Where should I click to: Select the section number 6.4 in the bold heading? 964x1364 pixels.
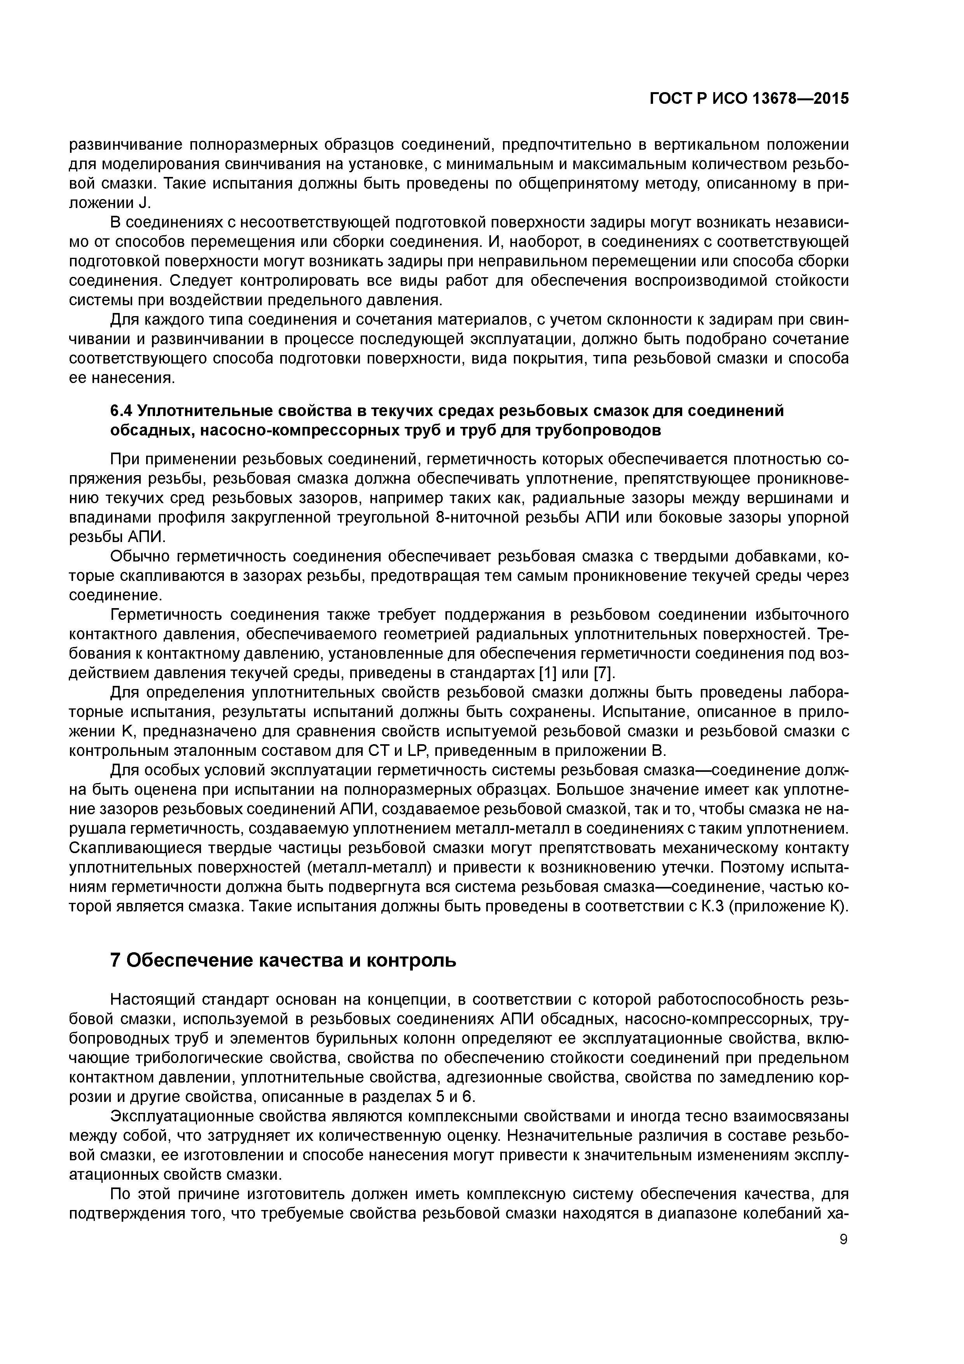[122, 411]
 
